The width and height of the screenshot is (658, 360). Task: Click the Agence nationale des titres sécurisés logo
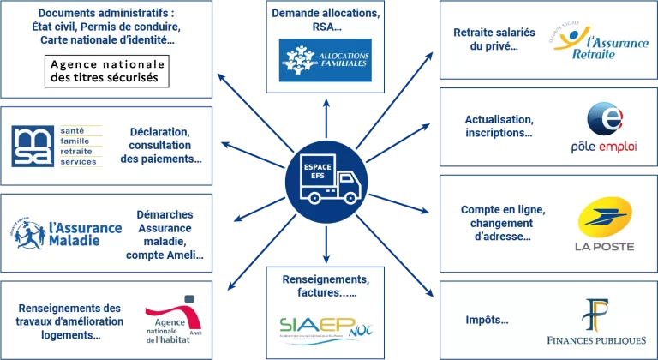click(x=107, y=72)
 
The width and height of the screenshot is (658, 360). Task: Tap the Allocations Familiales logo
click(x=327, y=61)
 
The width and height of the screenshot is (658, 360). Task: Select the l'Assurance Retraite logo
click(x=599, y=42)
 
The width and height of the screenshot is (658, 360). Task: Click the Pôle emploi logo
click(x=604, y=129)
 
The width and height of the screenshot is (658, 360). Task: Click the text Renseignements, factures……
click(x=326, y=286)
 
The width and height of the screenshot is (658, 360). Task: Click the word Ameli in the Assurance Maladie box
click(x=185, y=255)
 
